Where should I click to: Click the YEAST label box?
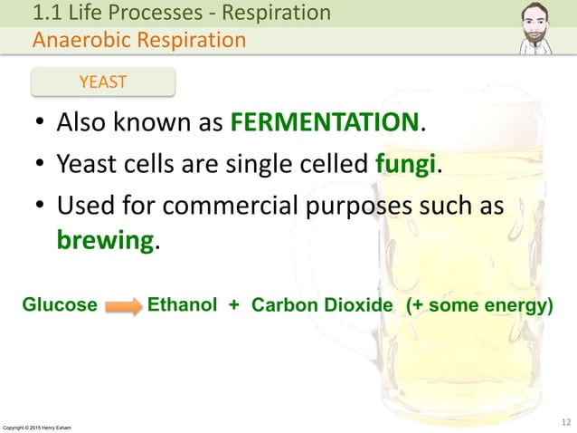pyautogui.click(x=102, y=82)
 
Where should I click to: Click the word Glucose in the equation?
pyautogui.click(x=60, y=305)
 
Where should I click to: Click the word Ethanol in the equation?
pyautogui.click(x=182, y=305)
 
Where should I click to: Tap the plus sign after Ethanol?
pyautogui.click(x=233, y=305)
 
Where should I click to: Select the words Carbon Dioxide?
pyautogui.click(x=322, y=305)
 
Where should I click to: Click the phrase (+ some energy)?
pyautogui.click(x=479, y=305)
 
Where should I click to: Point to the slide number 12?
pyautogui.click(x=565, y=419)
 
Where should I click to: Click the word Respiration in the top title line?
pyautogui.click(x=277, y=14)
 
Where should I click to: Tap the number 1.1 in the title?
pyautogui.click(x=48, y=14)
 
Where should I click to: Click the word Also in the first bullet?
pyautogui.click(x=83, y=122)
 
